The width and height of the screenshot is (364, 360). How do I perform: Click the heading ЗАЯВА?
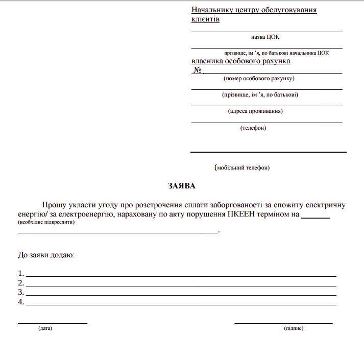point(182,186)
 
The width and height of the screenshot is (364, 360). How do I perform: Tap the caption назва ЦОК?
point(265,37)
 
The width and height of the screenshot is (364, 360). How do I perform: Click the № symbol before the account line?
point(197,70)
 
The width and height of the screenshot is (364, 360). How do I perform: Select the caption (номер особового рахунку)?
point(259,79)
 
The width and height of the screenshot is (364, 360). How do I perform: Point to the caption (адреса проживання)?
point(255,111)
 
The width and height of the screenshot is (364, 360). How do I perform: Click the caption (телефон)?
point(253,128)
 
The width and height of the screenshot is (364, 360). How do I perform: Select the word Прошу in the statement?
point(55,205)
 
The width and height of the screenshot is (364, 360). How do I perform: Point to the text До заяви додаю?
point(46,254)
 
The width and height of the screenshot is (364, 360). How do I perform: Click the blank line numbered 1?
point(181,276)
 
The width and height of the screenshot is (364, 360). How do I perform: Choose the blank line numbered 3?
point(181,295)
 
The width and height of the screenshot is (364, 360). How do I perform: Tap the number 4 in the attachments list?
point(20,302)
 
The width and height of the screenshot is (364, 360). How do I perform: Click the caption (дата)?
point(45,328)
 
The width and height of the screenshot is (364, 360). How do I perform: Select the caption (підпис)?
point(294,328)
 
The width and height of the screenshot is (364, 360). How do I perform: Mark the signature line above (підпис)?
point(283,323)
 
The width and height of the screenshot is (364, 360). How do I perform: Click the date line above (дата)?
point(53,323)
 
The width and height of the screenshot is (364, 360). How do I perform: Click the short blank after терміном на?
point(316,218)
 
